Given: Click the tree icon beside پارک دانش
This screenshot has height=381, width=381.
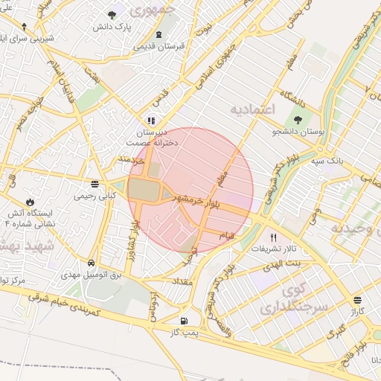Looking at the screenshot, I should pyautogui.click(x=112, y=15).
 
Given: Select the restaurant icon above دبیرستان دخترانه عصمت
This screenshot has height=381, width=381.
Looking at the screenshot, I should pyautogui.click(x=151, y=120).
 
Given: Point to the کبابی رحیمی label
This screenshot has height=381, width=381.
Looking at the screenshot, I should pyautogui.click(x=94, y=197).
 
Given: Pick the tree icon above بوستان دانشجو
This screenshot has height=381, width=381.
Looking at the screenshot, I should pyautogui.click(x=298, y=119).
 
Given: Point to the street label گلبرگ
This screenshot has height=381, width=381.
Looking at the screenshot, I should pyautogui.click(x=337, y=327).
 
